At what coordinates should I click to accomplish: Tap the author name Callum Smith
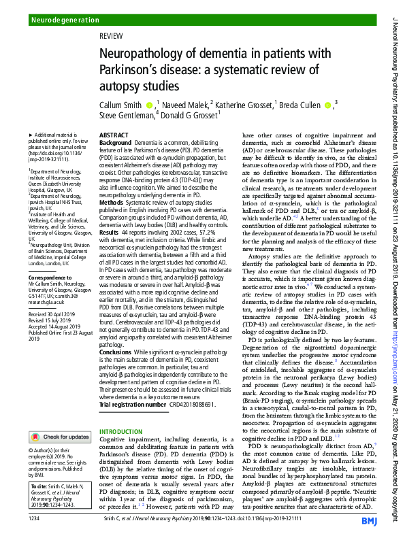[121, 105]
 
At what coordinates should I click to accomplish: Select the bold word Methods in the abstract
[112, 202]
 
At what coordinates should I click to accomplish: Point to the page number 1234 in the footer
[35, 519]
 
